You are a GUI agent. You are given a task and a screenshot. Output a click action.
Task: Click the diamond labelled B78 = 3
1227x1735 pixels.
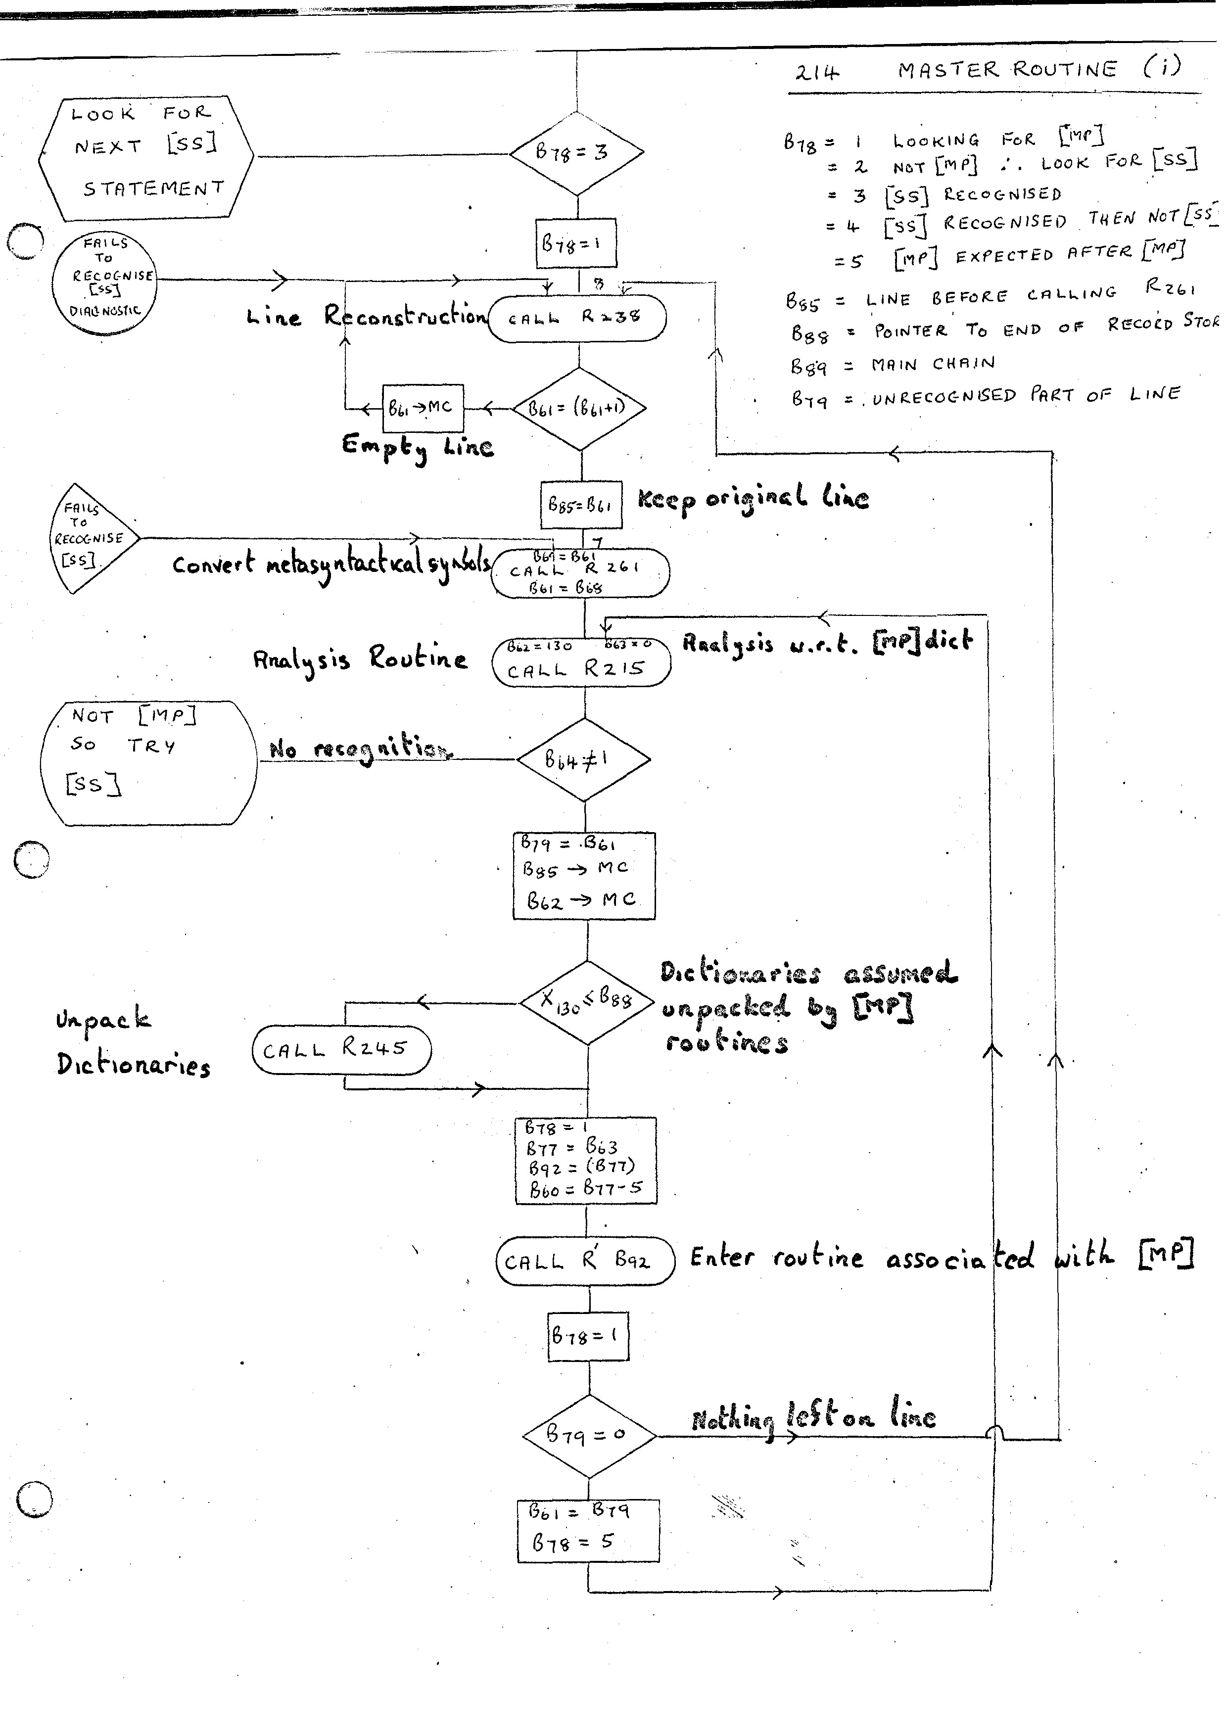click(x=576, y=153)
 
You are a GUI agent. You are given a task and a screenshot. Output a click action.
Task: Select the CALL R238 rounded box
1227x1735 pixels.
click(x=577, y=318)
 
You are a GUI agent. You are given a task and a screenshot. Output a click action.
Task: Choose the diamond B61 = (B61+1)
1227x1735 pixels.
click(x=579, y=409)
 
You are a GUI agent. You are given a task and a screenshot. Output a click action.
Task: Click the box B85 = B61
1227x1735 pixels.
click(x=580, y=504)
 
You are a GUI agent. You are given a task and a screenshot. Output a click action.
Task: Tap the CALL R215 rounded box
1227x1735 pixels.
click(x=580, y=663)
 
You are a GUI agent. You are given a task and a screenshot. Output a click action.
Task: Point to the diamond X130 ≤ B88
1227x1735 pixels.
click(x=586, y=1002)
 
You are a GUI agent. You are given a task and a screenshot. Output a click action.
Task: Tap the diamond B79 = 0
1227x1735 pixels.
click(x=589, y=1435)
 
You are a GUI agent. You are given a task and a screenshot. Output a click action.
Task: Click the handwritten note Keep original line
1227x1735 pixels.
click(x=753, y=499)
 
